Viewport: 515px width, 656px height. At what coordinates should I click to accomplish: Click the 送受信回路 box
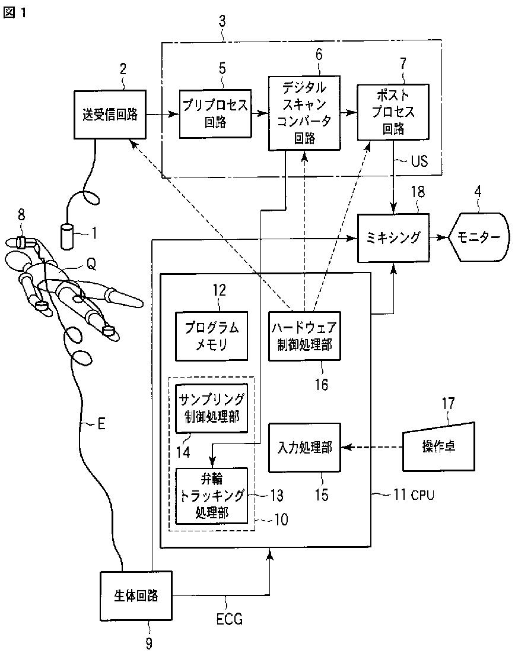coord(110,115)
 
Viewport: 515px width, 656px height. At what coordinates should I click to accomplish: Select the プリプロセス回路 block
coord(215,114)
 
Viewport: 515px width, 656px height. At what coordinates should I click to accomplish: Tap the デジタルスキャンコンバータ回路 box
coord(304,113)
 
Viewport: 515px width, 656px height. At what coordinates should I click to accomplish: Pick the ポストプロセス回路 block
coord(393,112)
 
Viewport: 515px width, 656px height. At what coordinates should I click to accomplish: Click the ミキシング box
coord(393,238)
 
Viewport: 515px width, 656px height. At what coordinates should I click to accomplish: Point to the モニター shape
coord(479,237)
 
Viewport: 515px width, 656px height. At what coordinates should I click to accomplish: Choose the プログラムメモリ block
coord(211,336)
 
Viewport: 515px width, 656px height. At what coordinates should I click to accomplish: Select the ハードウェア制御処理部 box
coord(304,336)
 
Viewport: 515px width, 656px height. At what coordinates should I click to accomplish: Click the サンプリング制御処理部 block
coord(211,408)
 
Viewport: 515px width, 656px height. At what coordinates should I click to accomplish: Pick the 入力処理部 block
coord(304,448)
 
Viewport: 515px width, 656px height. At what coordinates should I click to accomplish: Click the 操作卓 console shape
coord(438,446)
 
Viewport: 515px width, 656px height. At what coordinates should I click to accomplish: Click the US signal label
coord(419,161)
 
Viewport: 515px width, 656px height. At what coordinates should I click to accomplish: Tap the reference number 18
coord(418,192)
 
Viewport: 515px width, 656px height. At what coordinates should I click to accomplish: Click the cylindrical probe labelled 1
coord(67,237)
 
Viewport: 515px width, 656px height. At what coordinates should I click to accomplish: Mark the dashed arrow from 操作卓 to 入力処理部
coord(371,447)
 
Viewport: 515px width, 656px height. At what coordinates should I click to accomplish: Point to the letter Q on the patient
coord(91,264)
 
